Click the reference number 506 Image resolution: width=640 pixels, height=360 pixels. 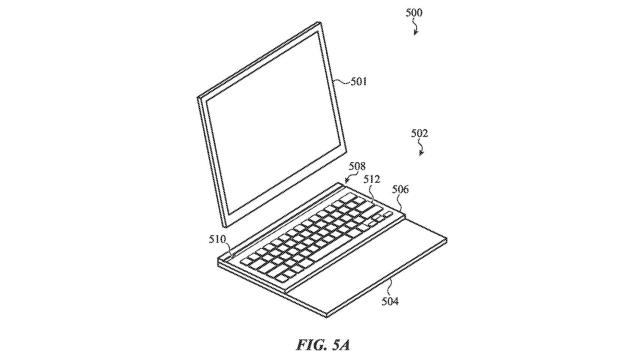[399, 189]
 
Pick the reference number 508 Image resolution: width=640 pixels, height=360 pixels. [358, 169]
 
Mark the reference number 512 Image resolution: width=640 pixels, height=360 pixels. [372, 181]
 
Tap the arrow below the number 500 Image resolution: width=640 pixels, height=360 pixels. [417, 30]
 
